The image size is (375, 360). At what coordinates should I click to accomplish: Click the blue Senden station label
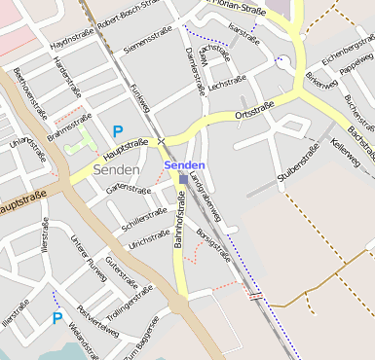(x=184, y=165)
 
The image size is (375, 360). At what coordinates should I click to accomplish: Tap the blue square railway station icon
(x=183, y=179)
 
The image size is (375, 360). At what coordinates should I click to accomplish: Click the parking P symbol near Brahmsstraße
(x=118, y=131)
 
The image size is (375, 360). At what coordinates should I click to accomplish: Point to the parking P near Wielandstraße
(x=57, y=318)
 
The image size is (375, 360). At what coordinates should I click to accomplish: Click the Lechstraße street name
(x=226, y=87)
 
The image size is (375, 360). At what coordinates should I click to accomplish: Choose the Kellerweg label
(x=345, y=152)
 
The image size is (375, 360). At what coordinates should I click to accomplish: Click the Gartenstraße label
(x=129, y=185)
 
